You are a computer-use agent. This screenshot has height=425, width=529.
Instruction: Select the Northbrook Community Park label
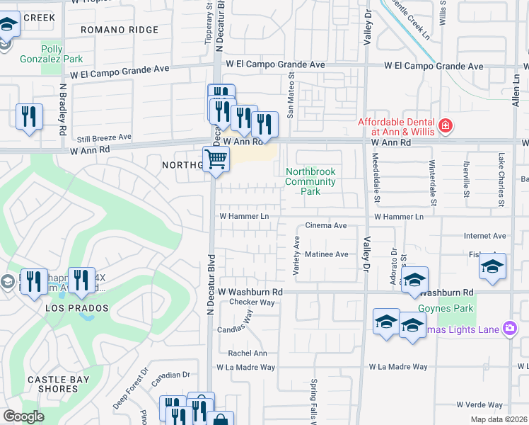[x=310, y=181]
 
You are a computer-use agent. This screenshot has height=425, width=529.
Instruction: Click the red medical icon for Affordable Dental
[x=446, y=127]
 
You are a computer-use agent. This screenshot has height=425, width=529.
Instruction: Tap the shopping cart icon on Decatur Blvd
[x=216, y=159]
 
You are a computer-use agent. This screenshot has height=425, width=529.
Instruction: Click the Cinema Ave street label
[x=325, y=225]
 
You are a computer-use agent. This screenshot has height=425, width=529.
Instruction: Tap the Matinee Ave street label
[x=326, y=254]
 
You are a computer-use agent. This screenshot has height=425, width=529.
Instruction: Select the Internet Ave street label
[x=484, y=236]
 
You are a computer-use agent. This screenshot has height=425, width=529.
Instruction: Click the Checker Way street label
[x=252, y=302]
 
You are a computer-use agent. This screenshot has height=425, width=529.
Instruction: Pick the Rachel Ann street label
[x=247, y=353]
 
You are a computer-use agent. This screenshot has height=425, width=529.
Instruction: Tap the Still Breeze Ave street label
[x=104, y=137]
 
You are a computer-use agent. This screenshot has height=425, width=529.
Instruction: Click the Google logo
[x=23, y=416]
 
